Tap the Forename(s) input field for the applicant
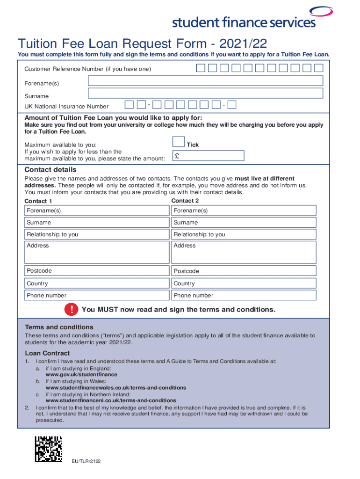point(205,81)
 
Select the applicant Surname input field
point(205,94)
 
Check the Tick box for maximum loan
point(178,142)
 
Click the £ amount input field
point(208,156)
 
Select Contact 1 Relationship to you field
point(97,234)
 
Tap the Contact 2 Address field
point(244,252)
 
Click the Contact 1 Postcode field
point(97,271)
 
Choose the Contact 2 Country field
point(244,283)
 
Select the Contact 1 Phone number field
point(97,295)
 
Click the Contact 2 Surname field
point(244,223)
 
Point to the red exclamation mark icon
point(72,309)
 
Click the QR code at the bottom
point(49,450)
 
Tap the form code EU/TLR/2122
point(86,461)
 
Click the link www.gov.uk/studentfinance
point(81,375)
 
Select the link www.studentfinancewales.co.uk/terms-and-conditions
point(115,388)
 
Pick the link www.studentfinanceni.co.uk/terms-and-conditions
point(111,401)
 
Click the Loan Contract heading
point(47,353)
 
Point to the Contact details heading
point(50,170)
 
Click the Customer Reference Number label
point(87,69)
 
